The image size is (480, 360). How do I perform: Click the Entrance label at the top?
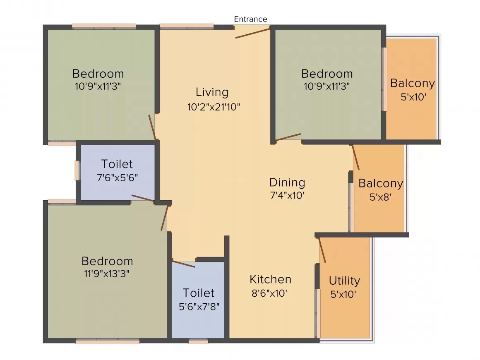tap(250, 19)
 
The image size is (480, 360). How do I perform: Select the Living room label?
tap(212, 92)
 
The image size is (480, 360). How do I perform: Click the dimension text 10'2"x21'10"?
tap(214, 107)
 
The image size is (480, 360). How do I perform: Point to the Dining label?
tap(287, 182)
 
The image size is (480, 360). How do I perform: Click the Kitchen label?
tap(270, 279)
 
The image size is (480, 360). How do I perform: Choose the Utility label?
tap(344, 281)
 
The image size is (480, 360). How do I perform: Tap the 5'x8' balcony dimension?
tap(380, 197)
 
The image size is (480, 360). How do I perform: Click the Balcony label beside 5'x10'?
tap(413, 84)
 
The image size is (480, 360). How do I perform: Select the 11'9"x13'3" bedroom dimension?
tap(107, 274)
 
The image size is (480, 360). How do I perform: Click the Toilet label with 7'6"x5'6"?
tap(117, 164)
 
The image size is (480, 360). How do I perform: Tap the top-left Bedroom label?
tap(98, 74)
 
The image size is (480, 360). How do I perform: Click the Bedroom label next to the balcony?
tap(326, 74)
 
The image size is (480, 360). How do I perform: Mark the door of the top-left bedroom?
tap(152, 127)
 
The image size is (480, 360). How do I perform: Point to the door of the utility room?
tap(322, 250)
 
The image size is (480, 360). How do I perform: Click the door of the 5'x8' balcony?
tap(355, 158)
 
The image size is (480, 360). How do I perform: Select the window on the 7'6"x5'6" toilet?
tap(77, 170)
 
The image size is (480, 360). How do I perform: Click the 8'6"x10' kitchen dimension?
tap(269, 293)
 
